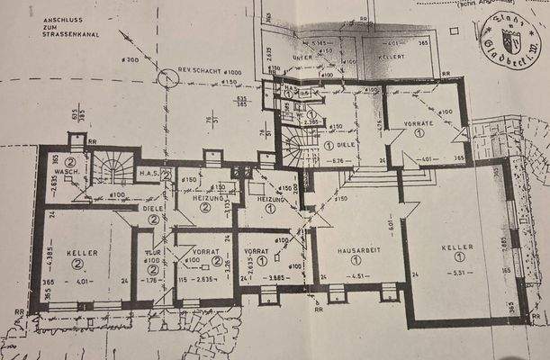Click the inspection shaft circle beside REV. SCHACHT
coord(167,79)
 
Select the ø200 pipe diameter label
coord(131,59)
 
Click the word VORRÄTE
coord(419,122)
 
